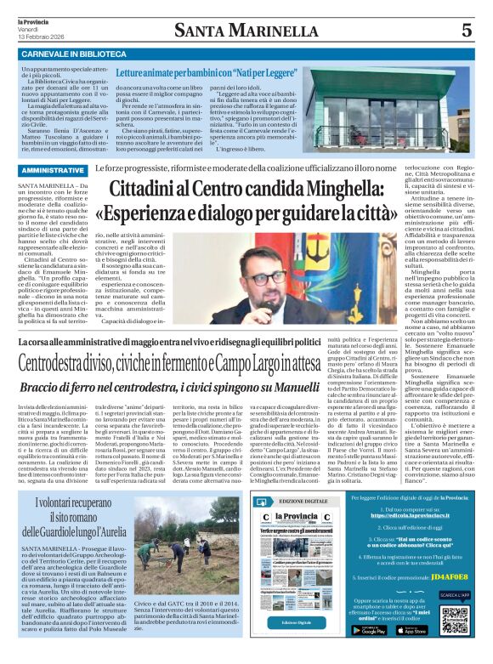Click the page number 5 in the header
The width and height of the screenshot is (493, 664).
[466, 31]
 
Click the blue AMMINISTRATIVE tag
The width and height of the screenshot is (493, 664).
[51, 171]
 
